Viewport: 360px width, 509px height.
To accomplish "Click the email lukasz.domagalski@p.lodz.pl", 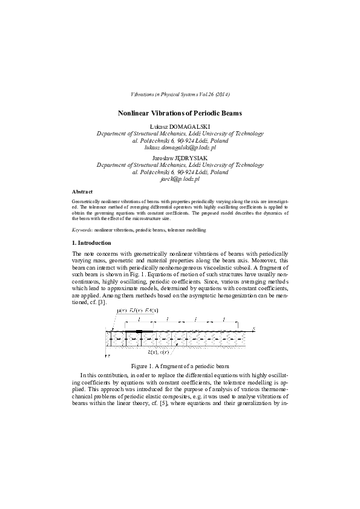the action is [180, 147].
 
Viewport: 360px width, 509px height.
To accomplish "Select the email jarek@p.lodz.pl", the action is [180, 180].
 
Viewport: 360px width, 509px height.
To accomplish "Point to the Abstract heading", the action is [82, 192].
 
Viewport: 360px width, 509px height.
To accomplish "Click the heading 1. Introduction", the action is [91, 242].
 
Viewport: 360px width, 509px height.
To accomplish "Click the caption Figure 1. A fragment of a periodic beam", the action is [180, 366].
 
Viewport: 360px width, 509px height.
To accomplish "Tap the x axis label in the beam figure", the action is [255, 328].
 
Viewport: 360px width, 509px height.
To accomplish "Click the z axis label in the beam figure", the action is [109, 357].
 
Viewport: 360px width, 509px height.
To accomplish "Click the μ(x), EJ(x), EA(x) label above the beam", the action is [137, 311].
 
